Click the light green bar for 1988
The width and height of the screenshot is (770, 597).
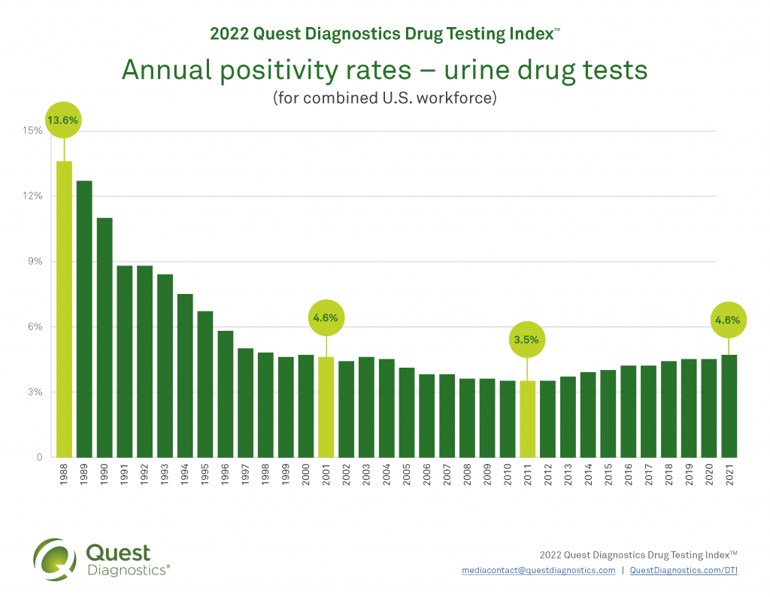64,308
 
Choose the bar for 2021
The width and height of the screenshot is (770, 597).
729,406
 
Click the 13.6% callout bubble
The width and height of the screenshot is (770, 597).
63,120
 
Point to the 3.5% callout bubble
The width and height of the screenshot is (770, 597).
526,339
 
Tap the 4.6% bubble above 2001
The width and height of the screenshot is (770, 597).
326,318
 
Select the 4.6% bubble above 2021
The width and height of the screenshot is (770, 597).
728,320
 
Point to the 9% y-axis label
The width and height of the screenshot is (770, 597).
35,262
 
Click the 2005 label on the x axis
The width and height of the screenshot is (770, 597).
406,477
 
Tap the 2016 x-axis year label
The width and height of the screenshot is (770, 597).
628,477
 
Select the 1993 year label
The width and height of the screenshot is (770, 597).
165,477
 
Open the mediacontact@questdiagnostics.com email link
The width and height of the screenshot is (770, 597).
538,571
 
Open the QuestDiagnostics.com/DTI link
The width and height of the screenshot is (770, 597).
684,571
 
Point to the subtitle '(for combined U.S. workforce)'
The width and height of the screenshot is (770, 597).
384,98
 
